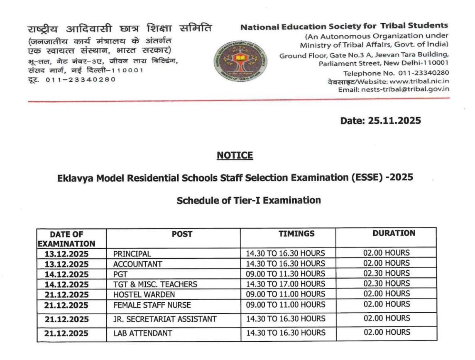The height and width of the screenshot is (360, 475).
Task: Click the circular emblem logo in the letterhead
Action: [x=241, y=61]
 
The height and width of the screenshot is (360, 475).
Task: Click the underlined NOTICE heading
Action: [x=235, y=156]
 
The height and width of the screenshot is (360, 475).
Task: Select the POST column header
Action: [x=182, y=234]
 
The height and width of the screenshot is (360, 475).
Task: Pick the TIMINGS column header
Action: [x=296, y=234]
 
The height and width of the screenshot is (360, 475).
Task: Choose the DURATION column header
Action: [x=394, y=233]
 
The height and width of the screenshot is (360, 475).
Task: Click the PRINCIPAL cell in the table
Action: [x=132, y=254]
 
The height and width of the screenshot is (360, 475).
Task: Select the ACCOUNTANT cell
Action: [x=137, y=264]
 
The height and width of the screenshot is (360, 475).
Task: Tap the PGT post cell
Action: [x=120, y=274]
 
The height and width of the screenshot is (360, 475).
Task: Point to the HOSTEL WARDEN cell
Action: [x=144, y=295]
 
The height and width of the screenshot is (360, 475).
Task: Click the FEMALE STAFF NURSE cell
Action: [x=152, y=305]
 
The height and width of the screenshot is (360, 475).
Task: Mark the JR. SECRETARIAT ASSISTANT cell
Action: [x=165, y=319]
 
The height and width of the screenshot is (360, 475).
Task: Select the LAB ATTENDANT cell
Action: [x=142, y=333]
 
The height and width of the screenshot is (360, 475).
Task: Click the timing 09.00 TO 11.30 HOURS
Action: [x=285, y=274]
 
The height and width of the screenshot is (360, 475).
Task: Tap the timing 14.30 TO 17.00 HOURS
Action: [x=285, y=284]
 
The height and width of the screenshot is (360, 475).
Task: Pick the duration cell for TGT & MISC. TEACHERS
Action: [x=386, y=284]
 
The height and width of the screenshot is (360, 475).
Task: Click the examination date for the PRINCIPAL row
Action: [x=66, y=254]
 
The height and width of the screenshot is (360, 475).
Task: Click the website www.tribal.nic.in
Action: [x=419, y=81]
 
